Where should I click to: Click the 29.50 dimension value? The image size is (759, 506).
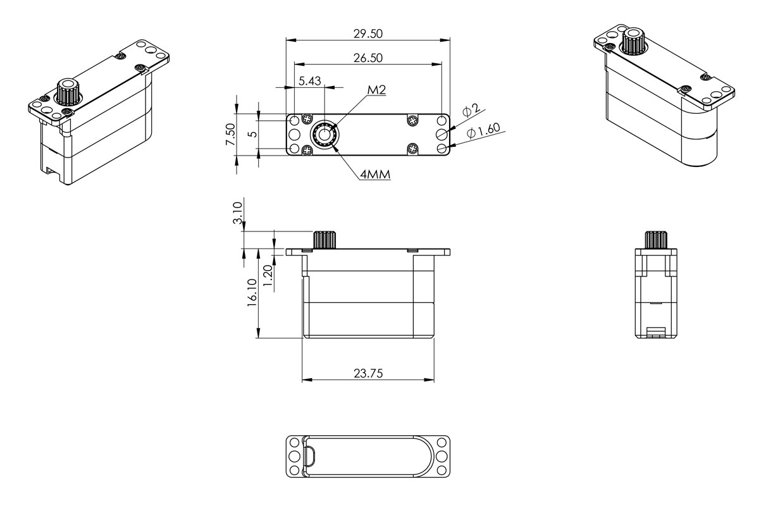(368, 33)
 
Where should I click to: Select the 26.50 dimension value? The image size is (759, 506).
(368, 58)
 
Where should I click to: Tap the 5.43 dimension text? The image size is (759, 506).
(310, 80)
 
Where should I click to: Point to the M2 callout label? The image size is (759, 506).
(376, 90)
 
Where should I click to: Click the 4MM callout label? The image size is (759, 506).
(374, 174)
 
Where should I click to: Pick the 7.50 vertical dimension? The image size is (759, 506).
(231, 135)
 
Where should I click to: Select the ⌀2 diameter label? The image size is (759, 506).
(471, 111)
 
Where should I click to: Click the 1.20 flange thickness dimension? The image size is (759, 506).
(268, 276)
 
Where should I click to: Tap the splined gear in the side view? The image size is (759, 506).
(325, 240)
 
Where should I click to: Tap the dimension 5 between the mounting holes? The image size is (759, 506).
(252, 133)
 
